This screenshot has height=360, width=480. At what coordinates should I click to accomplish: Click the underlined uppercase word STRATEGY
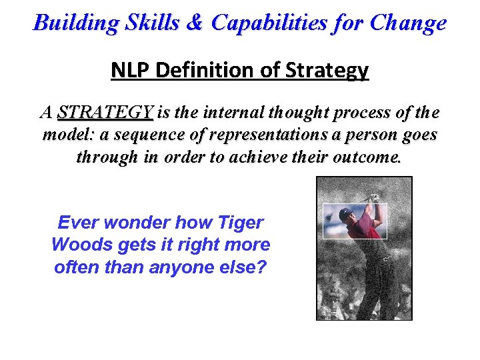[105, 112]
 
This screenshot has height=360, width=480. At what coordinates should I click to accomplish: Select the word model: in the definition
[67, 135]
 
